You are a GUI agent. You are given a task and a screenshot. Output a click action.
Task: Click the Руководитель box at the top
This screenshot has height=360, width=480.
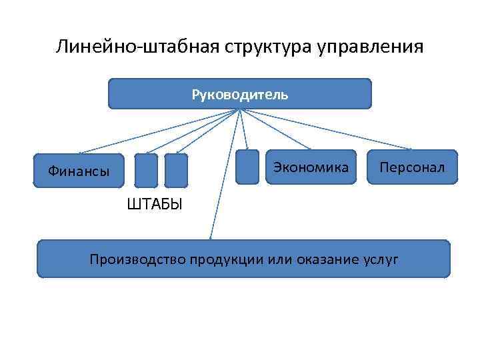click(239, 94)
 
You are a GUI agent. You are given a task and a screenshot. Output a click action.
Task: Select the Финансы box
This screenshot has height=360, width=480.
click(79, 171)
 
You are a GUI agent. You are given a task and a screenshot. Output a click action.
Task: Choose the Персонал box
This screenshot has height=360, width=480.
click(411, 167)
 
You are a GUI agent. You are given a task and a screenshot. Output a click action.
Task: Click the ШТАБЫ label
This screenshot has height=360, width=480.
click(154, 203)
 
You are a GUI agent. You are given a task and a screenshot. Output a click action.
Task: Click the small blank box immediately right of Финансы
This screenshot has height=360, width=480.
click(146, 170)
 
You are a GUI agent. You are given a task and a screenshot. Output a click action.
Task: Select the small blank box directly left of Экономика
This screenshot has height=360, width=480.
click(247, 166)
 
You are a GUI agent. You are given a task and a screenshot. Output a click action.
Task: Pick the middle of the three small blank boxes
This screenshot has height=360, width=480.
click(176, 170)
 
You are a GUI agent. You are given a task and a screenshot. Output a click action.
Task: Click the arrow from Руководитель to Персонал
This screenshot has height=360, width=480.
click(327, 129)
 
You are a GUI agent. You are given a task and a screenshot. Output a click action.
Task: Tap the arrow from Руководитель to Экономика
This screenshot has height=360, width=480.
click(273, 128)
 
